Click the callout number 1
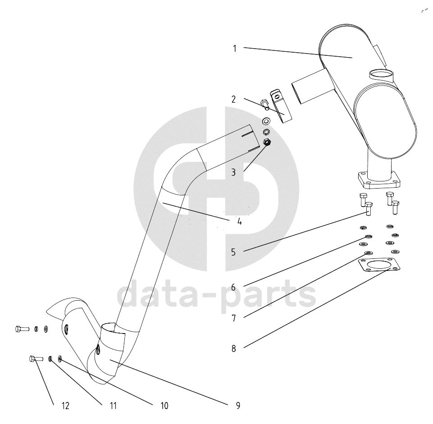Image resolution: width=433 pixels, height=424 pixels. pos(235,49)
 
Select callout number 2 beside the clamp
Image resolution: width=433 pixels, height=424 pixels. pos(234,99)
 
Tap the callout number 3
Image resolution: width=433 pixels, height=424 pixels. pos(233,172)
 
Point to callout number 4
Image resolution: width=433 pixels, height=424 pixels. pos(239,221)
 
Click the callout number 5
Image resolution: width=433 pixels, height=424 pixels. pos(233,252)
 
